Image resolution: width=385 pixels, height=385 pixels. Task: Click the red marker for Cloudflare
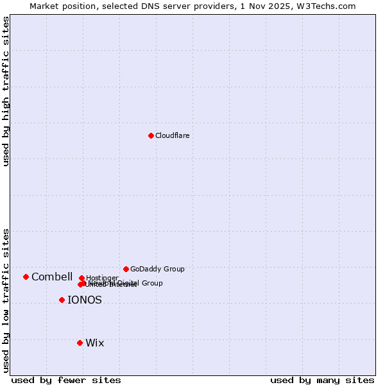tap(151, 135)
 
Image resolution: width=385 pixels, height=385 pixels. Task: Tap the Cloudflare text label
tap(172, 135)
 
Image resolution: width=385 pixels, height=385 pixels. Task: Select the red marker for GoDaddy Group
tap(126, 269)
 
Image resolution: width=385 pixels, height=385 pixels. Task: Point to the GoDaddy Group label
tap(157, 269)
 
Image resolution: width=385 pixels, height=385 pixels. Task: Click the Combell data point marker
tap(26, 277)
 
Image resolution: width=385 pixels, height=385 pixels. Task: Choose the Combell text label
tap(52, 277)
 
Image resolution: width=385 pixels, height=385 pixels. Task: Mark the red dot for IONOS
tap(62, 300)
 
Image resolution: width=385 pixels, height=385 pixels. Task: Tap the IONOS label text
tap(85, 300)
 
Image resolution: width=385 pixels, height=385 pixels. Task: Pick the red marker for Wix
tap(80, 343)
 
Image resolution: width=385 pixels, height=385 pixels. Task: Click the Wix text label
tap(95, 343)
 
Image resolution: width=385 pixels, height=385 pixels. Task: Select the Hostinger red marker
tap(81, 278)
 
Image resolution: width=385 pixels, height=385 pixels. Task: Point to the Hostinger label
tap(102, 278)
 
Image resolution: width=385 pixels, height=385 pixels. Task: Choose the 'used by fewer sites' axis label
tap(66, 380)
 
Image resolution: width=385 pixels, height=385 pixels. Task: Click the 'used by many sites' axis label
tap(322, 380)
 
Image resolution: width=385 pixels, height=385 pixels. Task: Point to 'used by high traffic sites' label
tap(6, 91)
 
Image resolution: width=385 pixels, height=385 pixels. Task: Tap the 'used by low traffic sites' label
tap(6, 300)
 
